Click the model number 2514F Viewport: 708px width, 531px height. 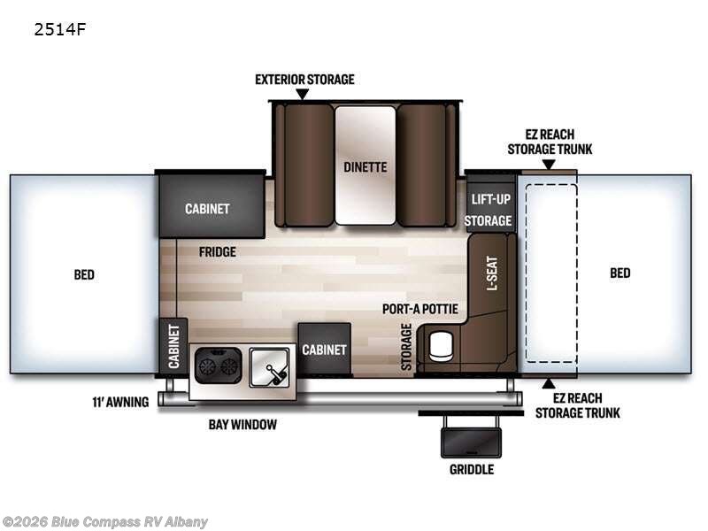coord(59,29)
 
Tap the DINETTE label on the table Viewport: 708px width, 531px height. coord(366,167)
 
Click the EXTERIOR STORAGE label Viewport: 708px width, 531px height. coord(304,80)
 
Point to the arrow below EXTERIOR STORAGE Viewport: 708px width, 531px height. coord(303,94)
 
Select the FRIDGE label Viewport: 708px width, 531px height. coord(218,252)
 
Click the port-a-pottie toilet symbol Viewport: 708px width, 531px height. coord(441,347)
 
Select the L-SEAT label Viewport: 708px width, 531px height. coord(492,273)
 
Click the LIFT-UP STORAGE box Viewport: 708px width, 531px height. coord(490,208)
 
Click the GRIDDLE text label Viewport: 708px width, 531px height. coord(472,470)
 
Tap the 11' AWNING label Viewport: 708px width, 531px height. coord(120,402)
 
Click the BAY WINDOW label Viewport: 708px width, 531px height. coord(242,425)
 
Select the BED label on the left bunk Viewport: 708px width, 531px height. coord(84,274)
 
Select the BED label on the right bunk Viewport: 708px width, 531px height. coord(620,273)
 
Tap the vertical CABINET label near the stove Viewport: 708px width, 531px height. coord(173,346)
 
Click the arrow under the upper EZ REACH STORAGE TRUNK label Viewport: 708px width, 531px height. coord(549,165)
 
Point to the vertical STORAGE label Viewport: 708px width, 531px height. coord(406,347)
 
